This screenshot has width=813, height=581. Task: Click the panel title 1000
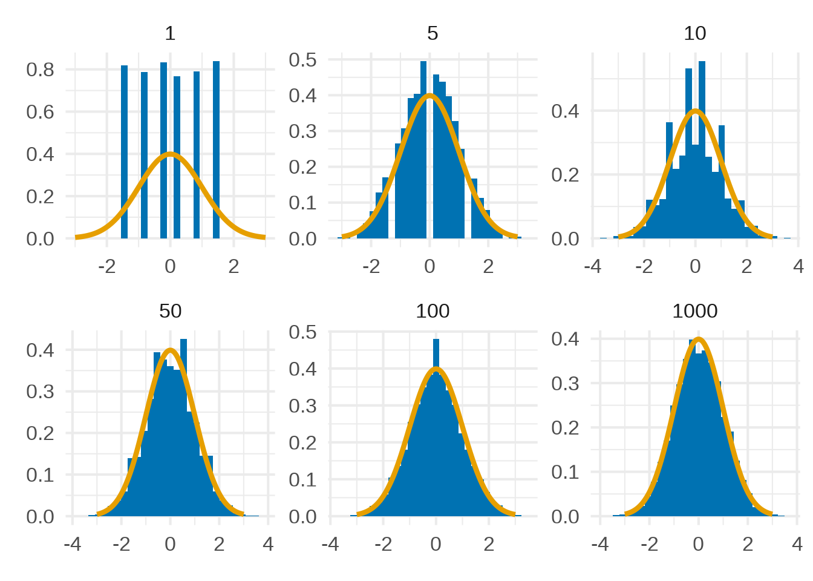694,311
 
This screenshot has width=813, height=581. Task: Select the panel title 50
170,311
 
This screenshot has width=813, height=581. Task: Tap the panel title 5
432,33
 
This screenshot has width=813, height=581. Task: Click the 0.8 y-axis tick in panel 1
40,70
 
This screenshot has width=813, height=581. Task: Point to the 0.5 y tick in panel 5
302,60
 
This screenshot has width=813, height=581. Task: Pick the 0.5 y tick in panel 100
302,332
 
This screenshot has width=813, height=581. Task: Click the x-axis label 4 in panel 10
798,266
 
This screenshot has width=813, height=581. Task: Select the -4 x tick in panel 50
72,544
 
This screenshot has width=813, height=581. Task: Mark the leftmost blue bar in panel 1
124,151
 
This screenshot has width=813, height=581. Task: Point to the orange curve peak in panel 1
170,154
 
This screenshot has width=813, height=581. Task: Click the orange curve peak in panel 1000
699,339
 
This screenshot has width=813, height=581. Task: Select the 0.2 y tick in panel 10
565,175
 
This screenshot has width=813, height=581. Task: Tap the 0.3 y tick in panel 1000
565,383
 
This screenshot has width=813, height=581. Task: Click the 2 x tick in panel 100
489,544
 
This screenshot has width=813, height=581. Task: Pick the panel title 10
694,33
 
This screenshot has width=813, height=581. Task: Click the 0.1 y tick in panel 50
40,475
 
